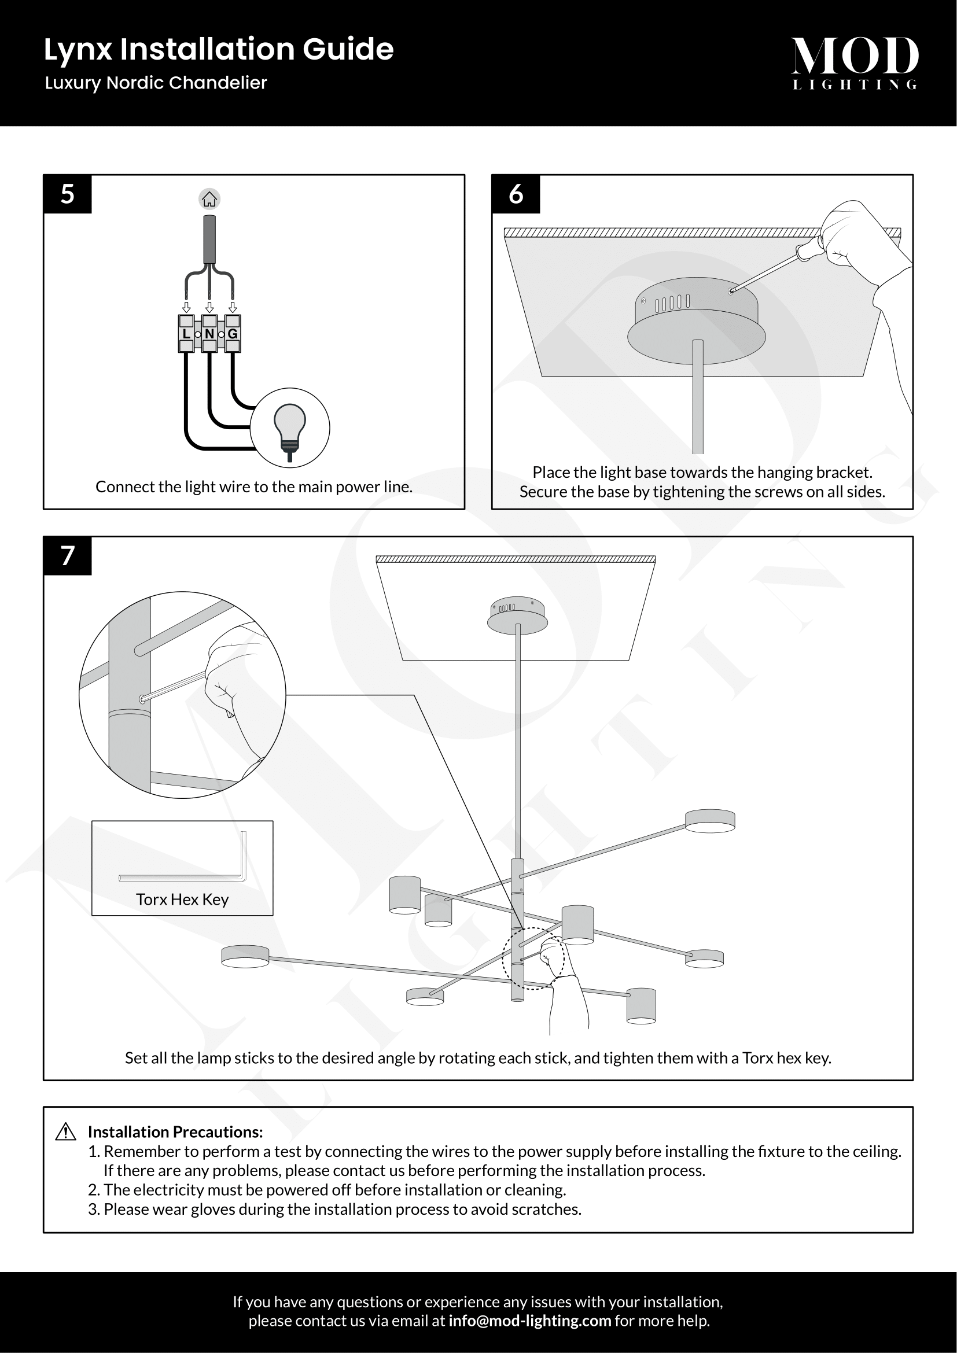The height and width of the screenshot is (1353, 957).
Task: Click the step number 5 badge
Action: click(x=67, y=194)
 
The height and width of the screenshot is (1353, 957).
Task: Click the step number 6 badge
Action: click(x=516, y=194)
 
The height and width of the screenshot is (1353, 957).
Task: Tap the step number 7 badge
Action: click(x=67, y=556)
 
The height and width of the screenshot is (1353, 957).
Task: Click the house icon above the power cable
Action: click(x=209, y=199)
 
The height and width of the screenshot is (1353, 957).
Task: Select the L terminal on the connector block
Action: click(x=186, y=334)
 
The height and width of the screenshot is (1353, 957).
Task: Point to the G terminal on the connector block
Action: click(x=233, y=334)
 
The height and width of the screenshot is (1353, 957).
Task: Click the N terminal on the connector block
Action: click(x=209, y=334)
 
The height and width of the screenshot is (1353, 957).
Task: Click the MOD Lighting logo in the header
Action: click(x=855, y=62)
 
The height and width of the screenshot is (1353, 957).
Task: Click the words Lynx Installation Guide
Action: click(x=219, y=50)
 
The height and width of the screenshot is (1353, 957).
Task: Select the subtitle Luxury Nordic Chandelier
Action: click(x=156, y=83)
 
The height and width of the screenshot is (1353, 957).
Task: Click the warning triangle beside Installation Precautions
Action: click(x=65, y=1132)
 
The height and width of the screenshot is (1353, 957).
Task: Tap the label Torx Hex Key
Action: click(x=182, y=899)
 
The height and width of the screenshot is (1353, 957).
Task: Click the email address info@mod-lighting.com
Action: click(x=530, y=1321)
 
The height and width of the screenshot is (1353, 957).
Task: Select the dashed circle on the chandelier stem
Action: click(x=533, y=958)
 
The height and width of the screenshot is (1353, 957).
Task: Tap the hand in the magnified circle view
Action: click(x=235, y=678)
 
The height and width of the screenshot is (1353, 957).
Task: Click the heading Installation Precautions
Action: click(x=175, y=1132)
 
